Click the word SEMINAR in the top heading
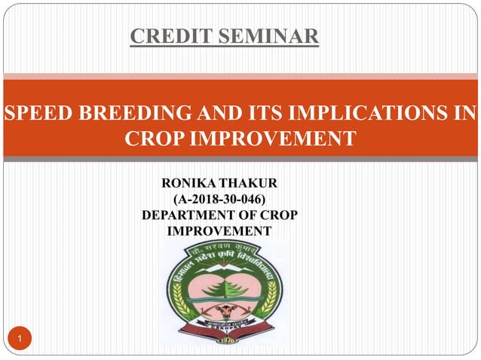[x=268, y=35]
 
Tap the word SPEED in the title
[x=37, y=114]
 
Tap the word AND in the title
[x=216, y=114]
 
